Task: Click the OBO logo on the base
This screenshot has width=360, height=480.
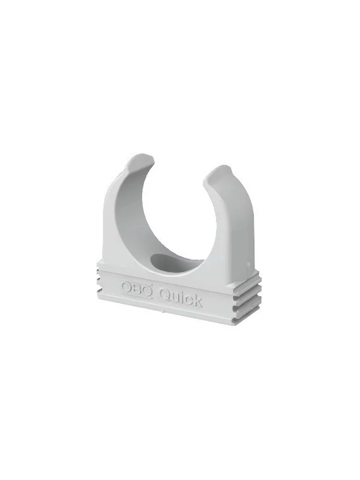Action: pos(137,288)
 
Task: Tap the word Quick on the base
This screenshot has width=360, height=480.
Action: pos(181,297)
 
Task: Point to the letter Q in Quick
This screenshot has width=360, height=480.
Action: pos(165,295)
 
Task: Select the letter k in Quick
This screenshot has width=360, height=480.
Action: pos(198,300)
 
